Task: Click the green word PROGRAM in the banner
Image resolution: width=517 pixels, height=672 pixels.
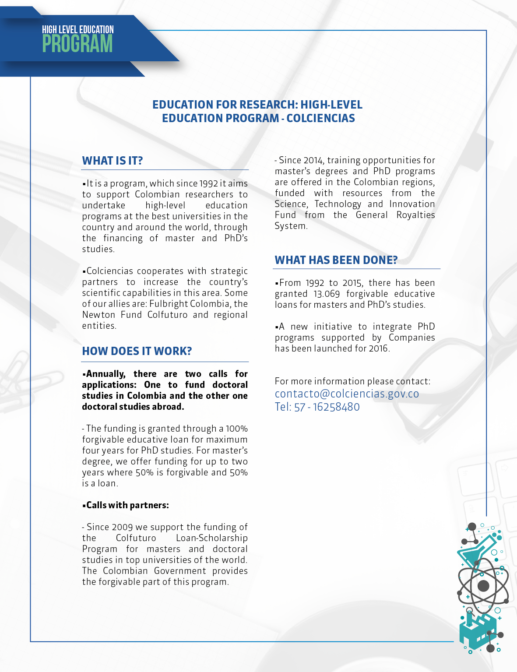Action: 77,44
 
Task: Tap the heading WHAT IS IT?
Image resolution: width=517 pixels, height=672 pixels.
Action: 113,161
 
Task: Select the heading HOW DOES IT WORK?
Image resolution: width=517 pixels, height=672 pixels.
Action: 137,351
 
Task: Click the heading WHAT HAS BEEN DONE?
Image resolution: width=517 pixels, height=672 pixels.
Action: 336,260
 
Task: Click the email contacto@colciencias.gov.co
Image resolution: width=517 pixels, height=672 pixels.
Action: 347,394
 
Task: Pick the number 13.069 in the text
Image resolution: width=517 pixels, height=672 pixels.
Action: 327,294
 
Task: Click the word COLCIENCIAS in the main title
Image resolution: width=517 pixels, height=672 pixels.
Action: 320,118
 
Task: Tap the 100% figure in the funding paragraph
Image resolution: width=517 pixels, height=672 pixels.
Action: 236,429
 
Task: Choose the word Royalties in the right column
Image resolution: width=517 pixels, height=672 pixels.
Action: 415,215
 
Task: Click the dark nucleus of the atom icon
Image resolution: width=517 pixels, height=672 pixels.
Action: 483,586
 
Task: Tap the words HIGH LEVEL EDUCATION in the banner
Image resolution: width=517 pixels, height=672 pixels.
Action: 78,30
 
